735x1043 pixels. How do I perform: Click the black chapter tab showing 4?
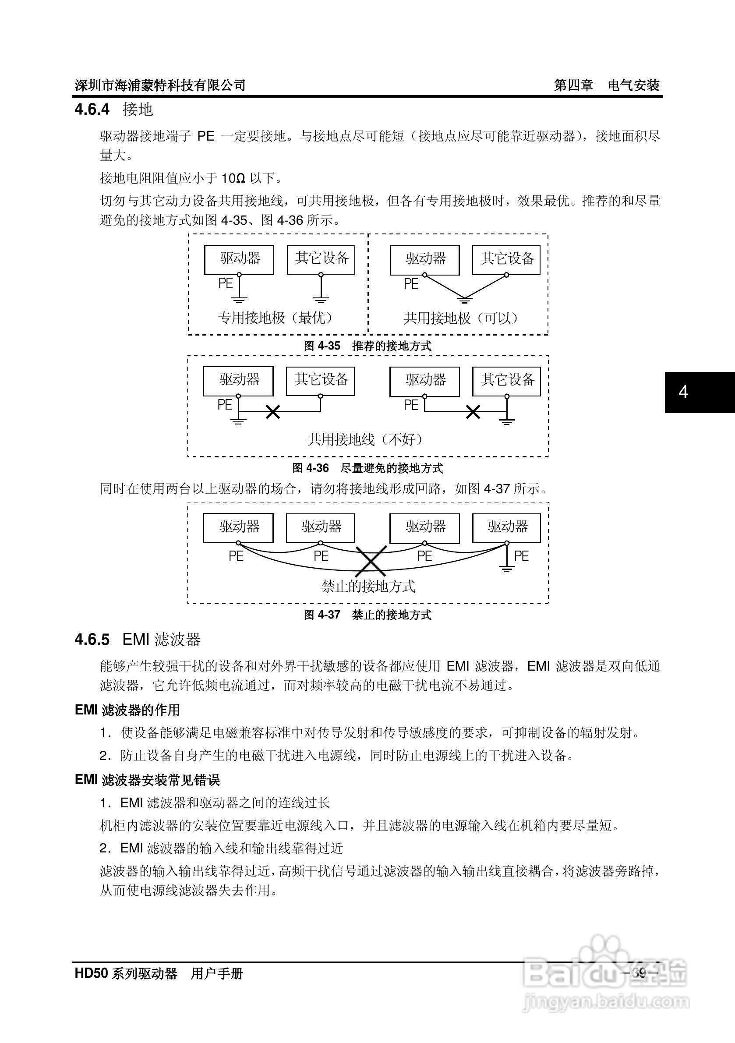pyautogui.click(x=699, y=392)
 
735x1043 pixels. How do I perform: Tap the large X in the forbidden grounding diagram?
pyautogui.click(x=371, y=562)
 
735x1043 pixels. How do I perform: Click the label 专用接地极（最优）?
pyautogui.click(x=277, y=318)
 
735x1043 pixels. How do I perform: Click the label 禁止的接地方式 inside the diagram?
pyautogui.click(x=368, y=587)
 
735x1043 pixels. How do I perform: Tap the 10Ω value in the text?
pyautogui.click(x=233, y=178)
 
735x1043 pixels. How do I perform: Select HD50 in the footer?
pyautogui.click(x=91, y=973)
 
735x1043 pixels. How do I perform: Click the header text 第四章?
pyautogui.click(x=573, y=85)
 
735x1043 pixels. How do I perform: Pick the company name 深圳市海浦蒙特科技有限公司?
pyautogui.click(x=160, y=85)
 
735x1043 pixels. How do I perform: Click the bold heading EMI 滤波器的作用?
pyautogui.click(x=127, y=710)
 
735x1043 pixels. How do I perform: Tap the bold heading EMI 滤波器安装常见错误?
pyautogui.click(x=147, y=780)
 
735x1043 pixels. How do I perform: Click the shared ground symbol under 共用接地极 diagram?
pyautogui.click(x=464, y=299)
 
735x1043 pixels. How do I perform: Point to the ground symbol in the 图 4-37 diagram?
pyautogui.click(x=506, y=567)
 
